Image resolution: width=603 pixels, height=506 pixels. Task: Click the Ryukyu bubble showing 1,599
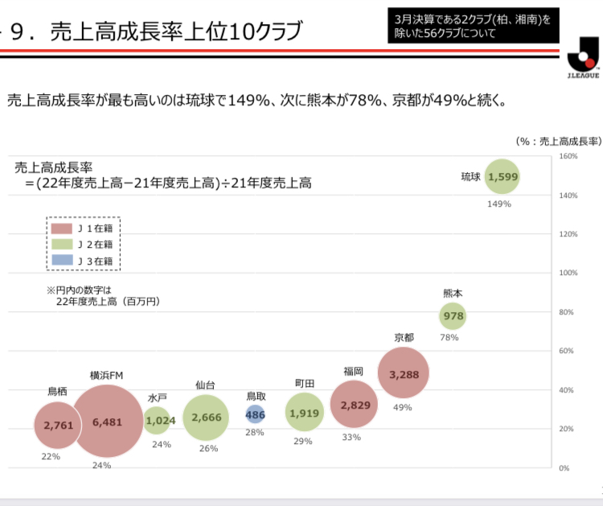pos(502,177)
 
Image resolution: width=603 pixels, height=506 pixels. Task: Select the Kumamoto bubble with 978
pos(453,316)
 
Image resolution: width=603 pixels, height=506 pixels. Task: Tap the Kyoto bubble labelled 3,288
pos(404,373)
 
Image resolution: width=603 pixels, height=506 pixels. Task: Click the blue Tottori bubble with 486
pos(255,414)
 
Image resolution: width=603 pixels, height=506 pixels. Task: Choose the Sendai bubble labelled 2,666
pos(207,416)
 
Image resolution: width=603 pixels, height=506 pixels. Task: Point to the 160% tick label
pos(568,156)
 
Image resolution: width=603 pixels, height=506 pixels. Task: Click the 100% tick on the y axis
pos(568,274)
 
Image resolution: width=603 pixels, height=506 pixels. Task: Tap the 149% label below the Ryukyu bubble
pos(498,204)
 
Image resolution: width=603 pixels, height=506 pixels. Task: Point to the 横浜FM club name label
pos(106,376)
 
